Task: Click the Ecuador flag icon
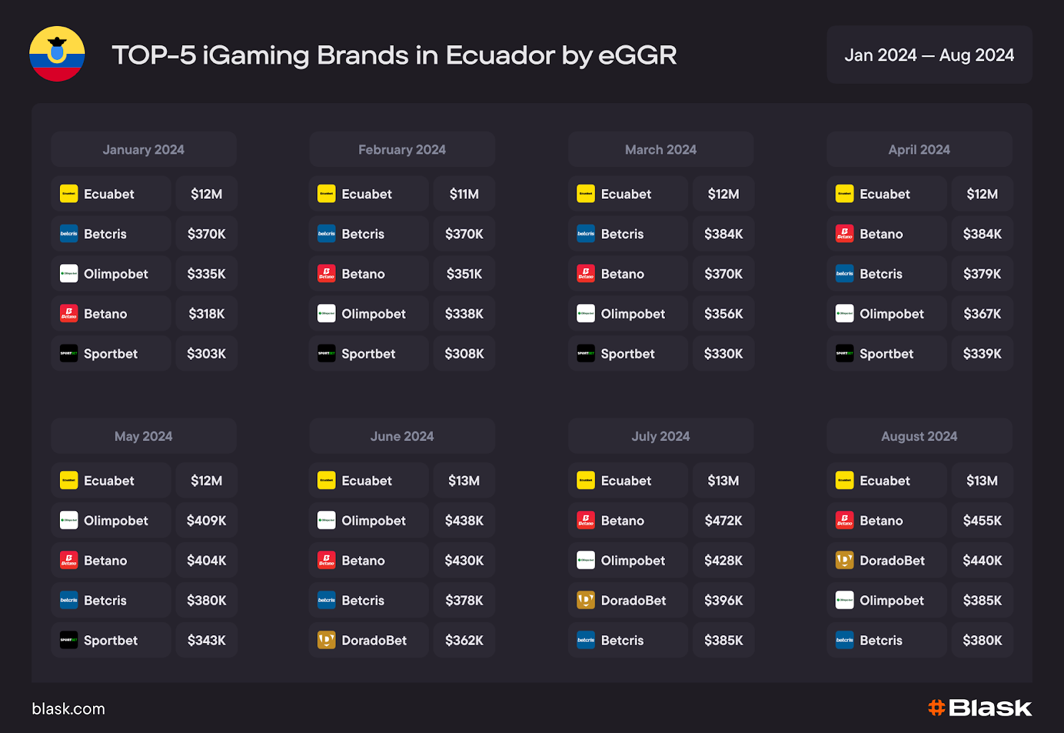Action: (x=57, y=54)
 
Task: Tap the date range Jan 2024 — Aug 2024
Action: (x=929, y=55)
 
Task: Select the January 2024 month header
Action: (x=144, y=150)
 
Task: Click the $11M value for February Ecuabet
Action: (x=464, y=194)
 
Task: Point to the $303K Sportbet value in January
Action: (x=207, y=354)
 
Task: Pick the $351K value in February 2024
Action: (x=464, y=274)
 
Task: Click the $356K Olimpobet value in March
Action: (x=724, y=314)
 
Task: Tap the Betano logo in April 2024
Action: (x=845, y=234)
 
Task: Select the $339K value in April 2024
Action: (x=982, y=354)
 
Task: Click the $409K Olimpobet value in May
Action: (x=207, y=521)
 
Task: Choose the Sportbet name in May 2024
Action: (x=110, y=641)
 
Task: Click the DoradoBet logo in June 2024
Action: (x=327, y=641)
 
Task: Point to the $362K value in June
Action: (x=464, y=641)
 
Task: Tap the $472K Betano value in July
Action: (x=724, y=521)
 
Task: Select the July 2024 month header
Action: (x=660, y=436)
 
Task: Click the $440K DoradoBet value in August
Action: (x=982, y=561)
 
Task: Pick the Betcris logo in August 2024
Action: (x=845, y=641)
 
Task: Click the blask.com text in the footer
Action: (x=68, y=709)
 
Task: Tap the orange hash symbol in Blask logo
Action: (x=937, y=708)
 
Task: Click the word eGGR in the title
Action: (x=637, y=56)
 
